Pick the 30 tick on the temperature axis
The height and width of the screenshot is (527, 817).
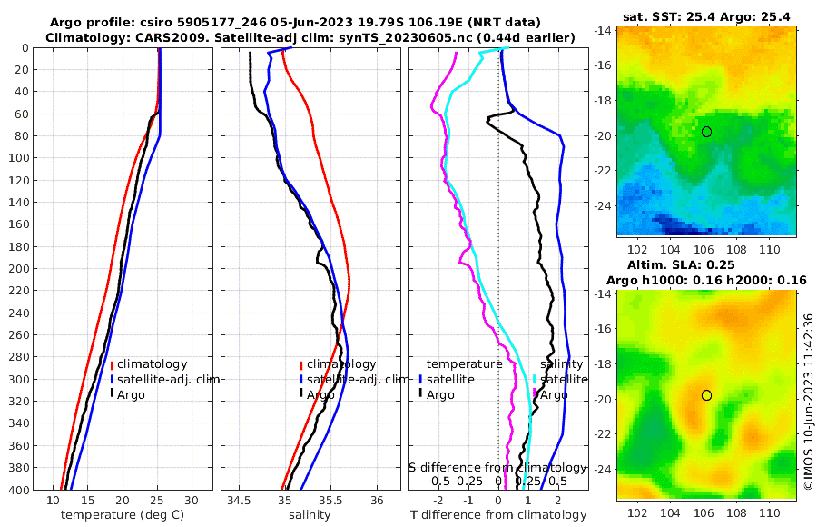click(192, 501)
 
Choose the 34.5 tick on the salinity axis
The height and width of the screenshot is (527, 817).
click(240, 501)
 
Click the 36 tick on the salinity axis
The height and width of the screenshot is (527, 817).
click(378, 501)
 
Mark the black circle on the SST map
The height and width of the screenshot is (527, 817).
click(706, 132)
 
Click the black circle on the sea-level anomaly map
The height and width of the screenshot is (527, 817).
click(706, 395)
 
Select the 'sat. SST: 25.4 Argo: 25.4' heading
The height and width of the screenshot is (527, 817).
click(707, 17)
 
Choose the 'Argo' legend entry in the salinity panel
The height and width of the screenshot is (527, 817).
click(320, 394)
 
